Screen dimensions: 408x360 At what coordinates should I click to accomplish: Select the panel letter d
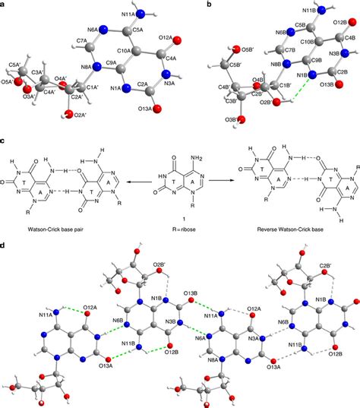pos(5,248)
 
